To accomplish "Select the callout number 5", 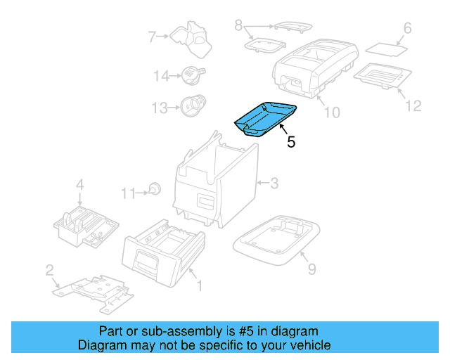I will click(x=290, y=141).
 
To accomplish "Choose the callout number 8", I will click(x=238, y=27).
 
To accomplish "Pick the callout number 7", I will click(x=151, y=36).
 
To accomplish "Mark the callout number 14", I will click(x=161, y=75).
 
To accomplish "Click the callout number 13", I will click(x=161, y=108).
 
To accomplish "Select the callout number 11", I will click(x=127, y=193).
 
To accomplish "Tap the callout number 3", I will click(x=274, y=184).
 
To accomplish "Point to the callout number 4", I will click(x=80, y=185).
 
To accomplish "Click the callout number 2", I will click(x=49, y=269).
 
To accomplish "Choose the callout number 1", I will click(x=199, y=285).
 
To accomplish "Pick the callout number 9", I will click(x=311, y=268).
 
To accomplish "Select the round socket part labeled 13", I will click(x=190, y=106).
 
